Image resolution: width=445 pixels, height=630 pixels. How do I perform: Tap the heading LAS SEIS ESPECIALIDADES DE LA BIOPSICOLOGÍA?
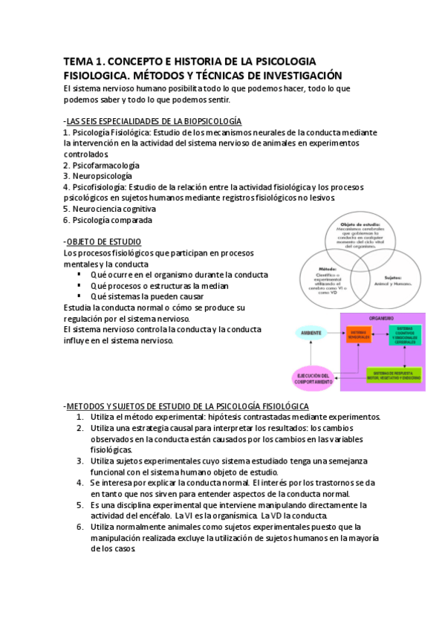tap(154, 121)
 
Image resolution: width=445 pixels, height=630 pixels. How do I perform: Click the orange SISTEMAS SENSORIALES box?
tap(360, 335)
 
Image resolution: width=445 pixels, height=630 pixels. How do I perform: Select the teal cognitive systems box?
tap(404, 334)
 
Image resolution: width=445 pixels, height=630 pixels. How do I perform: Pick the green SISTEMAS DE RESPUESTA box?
tap(394, 375)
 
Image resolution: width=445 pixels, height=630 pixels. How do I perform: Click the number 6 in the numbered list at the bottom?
tap(79, 527)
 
